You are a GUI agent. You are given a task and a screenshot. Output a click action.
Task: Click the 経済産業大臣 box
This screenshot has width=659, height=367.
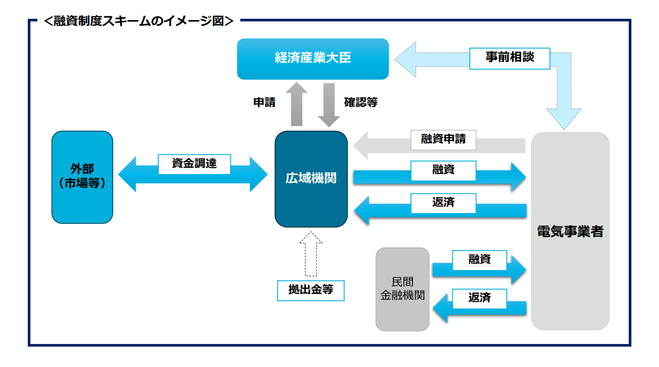coord(313,59)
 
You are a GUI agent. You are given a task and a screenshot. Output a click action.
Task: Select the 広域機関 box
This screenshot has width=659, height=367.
coord(311,178)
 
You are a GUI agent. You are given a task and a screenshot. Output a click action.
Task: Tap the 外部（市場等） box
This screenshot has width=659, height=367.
coord(82,177)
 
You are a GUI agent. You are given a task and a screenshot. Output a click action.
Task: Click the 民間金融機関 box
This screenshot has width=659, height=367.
coord(402,289)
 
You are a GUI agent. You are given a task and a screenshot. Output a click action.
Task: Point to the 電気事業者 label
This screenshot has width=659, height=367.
coord(570,231)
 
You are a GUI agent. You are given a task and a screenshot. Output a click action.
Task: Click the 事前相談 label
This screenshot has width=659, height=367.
coord(509,58)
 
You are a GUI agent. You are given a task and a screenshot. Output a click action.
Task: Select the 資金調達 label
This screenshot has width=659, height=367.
coord(194,164)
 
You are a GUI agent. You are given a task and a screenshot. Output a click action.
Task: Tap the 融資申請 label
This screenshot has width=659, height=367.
coord(443,140)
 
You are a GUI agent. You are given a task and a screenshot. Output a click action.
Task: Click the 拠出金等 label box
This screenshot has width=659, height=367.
coord(311,290)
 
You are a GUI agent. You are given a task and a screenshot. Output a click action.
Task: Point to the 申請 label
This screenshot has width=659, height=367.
coord(264,102)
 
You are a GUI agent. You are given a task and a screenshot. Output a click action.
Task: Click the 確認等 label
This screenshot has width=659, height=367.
coord(361,102)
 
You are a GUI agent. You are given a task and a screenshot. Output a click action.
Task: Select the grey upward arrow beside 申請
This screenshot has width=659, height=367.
coord(299,104)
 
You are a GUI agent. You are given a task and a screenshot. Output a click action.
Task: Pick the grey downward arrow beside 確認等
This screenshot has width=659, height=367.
coord(329,105)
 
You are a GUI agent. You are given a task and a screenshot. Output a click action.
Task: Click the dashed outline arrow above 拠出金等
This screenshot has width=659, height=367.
coord(311,253)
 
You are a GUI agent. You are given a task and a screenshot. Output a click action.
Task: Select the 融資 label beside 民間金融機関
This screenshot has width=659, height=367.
coord(479,260)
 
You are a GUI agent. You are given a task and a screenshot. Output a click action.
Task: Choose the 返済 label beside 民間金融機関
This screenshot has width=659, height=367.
coord(479,298)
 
